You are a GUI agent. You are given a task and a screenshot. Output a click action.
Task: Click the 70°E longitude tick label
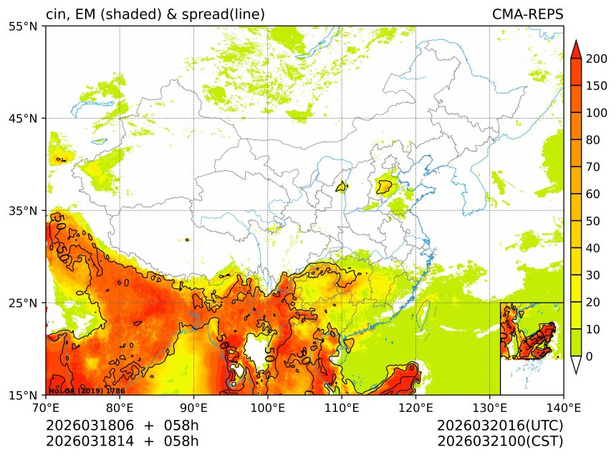(x=46, y=408)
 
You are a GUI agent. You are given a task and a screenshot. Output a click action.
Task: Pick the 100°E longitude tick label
(x=267, y=408)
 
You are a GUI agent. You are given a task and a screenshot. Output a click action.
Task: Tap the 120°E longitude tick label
(x=415, y=408)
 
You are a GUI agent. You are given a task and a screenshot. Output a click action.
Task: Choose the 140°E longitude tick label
(x=563, y=408)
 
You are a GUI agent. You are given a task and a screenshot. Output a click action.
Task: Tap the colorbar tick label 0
(x=590, y=356)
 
